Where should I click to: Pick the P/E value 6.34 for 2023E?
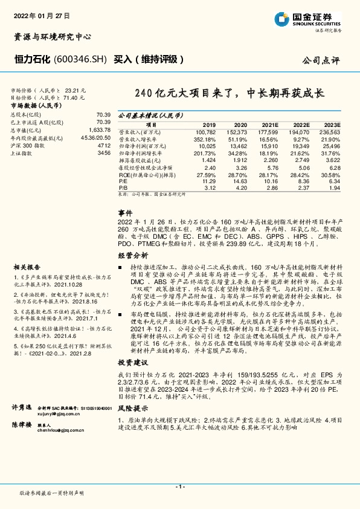[x=334, y=181]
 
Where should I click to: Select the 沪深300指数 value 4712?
[x=104, y=146]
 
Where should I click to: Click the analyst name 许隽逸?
[x=22, y=409]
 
